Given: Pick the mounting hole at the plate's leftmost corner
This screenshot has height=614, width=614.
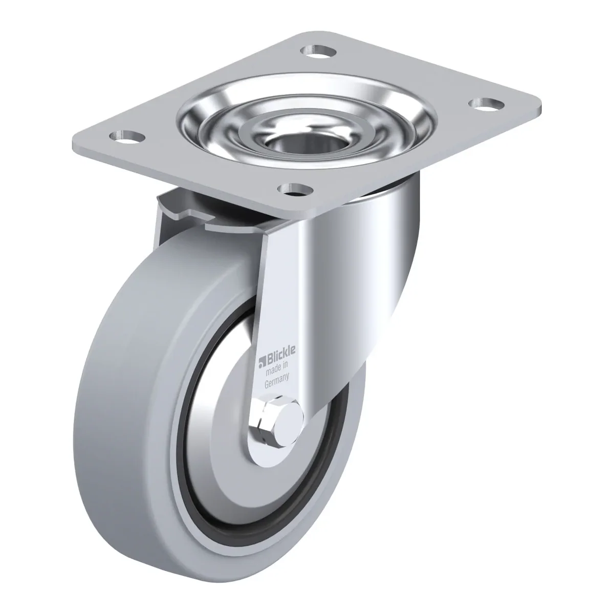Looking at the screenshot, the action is click(127, 137).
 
